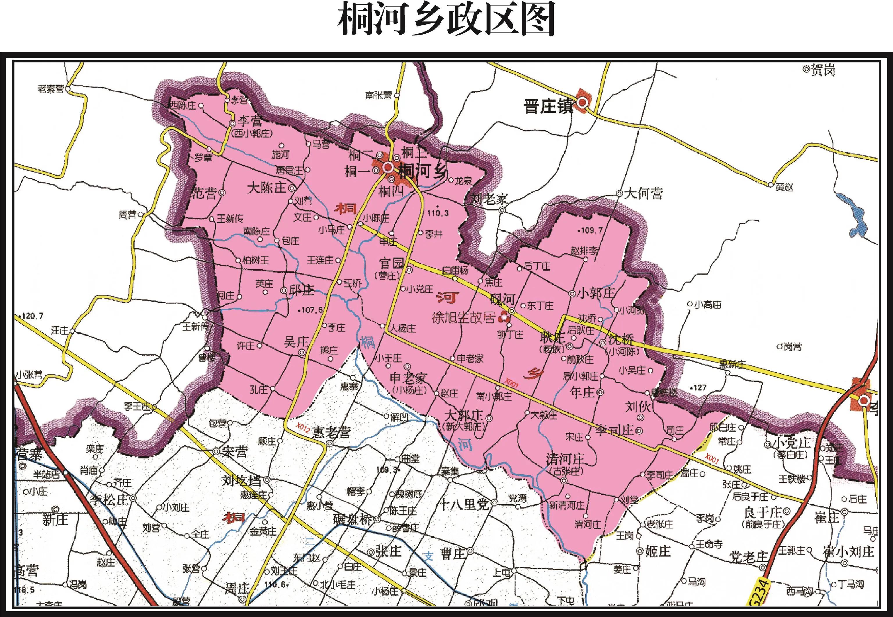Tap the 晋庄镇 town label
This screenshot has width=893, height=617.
click(548, 106)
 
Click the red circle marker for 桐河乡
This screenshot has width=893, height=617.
click(388, 167)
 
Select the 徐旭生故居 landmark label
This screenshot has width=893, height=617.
click(463, 318)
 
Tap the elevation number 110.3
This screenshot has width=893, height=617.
click(438, 213)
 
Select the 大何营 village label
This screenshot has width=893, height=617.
click(644, 193)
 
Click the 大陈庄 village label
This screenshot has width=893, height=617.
click(267, 188)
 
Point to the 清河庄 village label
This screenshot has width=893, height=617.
click(565, 459)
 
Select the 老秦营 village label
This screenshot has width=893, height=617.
click(51, 89)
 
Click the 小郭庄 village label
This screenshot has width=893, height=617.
click(596, 293)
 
